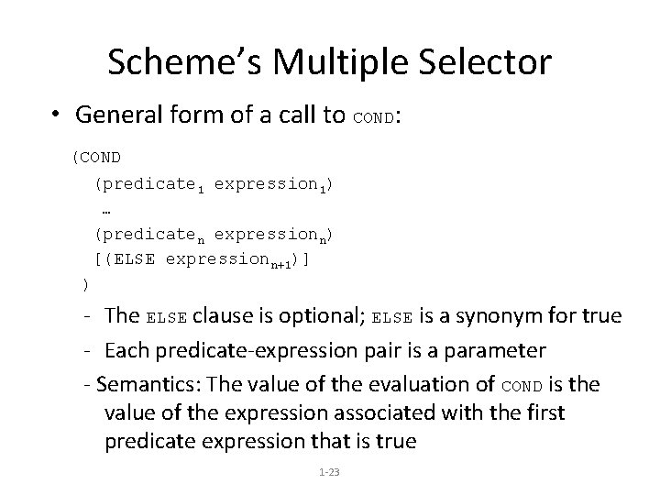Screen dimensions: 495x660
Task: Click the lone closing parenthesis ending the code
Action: [85, 284]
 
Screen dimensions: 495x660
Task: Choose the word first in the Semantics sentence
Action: [545, 412]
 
